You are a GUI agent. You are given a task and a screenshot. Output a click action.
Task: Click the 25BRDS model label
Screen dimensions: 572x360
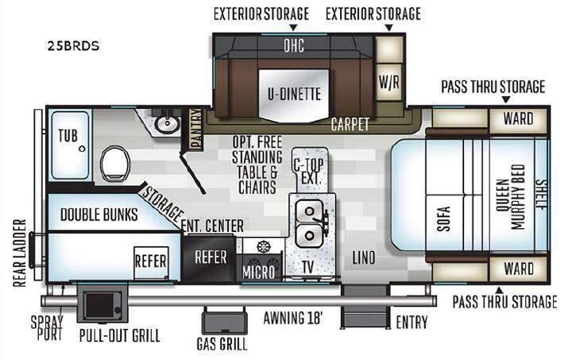click(73, 46)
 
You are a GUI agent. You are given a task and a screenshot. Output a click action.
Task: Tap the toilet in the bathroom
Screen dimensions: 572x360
click(115, 164)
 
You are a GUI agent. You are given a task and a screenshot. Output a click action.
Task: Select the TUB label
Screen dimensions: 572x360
click(68, 136)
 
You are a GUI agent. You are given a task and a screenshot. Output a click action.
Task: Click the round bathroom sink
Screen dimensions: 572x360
click(167, 123)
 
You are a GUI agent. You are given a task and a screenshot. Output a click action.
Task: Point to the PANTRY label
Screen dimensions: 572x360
click(196, 129)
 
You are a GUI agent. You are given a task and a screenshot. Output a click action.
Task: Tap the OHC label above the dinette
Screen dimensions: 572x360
click(294, 46)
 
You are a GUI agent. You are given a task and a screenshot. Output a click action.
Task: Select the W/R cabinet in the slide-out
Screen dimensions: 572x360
click(389, 83)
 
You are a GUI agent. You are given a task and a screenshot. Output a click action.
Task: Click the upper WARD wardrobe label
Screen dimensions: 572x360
click(518, 118)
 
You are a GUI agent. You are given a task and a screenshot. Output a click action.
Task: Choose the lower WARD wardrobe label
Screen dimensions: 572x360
click(518, 269)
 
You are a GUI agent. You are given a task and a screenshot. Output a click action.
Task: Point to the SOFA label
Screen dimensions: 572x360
click(444, 219)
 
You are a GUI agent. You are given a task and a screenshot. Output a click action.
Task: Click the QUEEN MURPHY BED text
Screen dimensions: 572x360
click(511, 197)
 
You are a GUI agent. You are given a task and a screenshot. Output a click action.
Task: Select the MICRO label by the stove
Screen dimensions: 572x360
click(259, 273)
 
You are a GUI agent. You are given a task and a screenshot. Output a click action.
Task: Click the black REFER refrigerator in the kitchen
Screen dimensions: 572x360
click(210, 257)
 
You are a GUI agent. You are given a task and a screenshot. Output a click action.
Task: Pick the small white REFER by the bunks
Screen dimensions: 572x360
click(151, 262)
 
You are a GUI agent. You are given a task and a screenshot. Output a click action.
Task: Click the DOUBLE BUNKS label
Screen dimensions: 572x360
click(99, 215)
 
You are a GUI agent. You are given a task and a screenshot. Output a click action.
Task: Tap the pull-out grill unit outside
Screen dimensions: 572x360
click(102, 304)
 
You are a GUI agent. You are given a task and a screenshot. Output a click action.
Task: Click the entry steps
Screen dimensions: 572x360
click(365, 307)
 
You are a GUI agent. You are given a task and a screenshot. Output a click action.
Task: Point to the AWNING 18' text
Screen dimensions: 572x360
click(293, 318)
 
